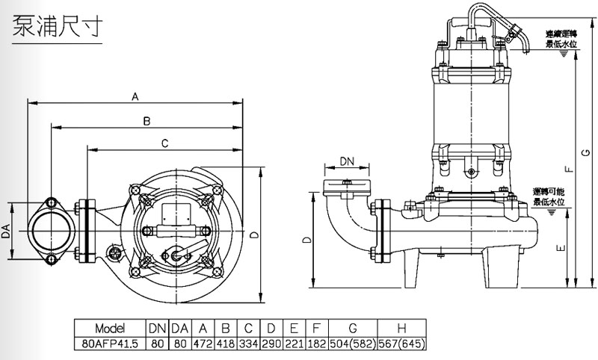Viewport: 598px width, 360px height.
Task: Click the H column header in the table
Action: (402, 328)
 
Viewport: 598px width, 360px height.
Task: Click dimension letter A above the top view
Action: (135, 96)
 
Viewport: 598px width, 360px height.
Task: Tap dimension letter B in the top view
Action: (147, 121)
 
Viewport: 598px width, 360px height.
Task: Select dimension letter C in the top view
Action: (164, 143)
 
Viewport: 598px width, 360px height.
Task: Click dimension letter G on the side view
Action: (585, 154)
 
